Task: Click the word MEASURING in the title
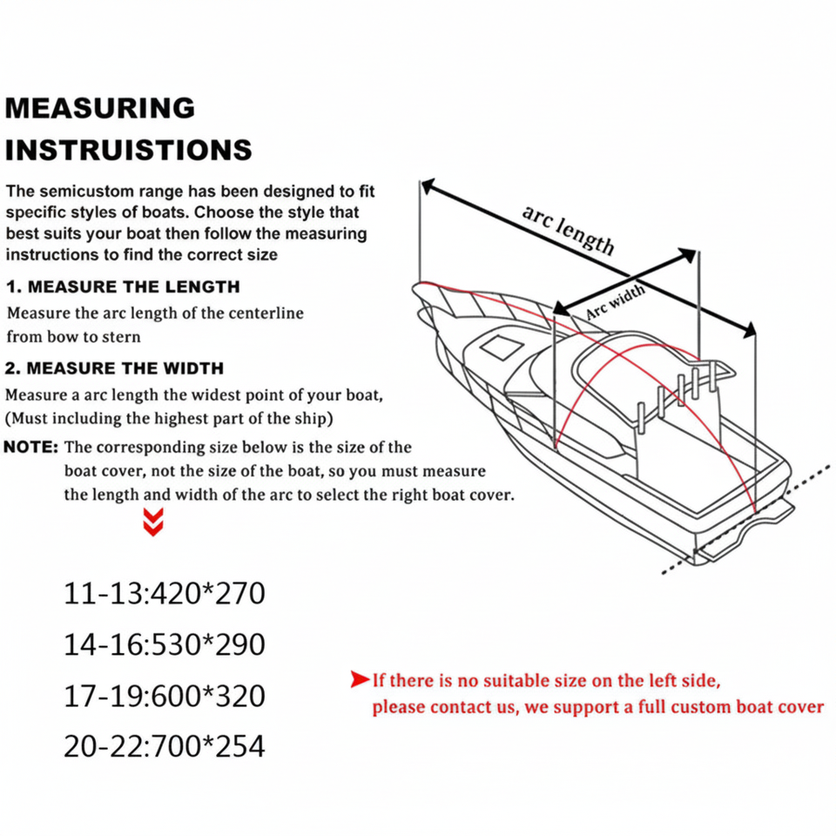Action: coord(100,108)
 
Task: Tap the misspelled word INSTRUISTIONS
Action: coord(129,150)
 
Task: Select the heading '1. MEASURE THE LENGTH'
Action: coord(123,287)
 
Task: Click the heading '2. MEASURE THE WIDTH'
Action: coord(115,368)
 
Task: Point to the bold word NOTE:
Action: coord(32,448)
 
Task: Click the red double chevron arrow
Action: coord(152,522)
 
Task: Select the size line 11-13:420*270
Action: coord(164,594)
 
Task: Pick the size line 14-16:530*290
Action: coord(164,645)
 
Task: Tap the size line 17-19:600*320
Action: coord(164,696)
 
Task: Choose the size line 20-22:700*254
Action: coord(164,747)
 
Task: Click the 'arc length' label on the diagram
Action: coord(568,230)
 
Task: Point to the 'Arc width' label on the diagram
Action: coord(615,301)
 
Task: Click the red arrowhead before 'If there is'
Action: coord(360,679)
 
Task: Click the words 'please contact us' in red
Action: coord(444,706)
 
